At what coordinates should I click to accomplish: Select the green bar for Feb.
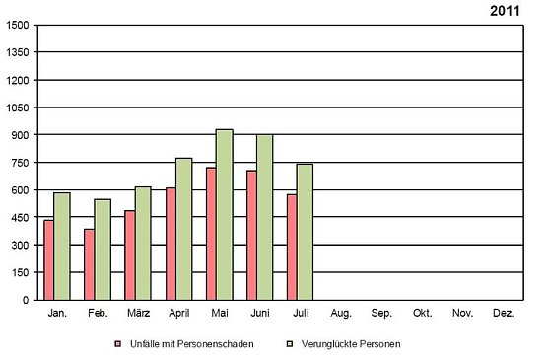[x=103, y=250]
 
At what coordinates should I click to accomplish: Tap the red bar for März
[x=129, y=254]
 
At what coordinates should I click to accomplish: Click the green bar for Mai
[x=224, y=214]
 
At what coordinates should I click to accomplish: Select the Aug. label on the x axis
[x=341, y=313]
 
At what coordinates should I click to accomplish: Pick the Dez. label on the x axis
[x=504, y=313]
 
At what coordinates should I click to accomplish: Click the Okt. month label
[x=423, y=313]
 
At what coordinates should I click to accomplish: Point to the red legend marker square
[x=118, y=344]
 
